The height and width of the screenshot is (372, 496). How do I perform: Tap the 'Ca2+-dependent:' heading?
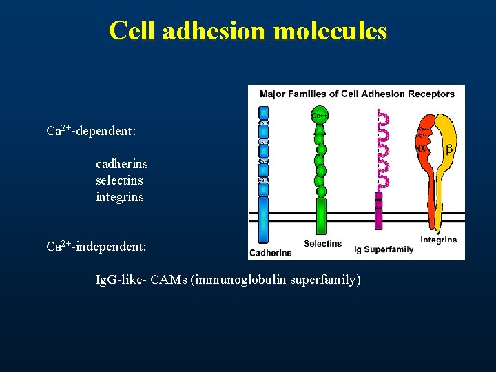pos(90,130)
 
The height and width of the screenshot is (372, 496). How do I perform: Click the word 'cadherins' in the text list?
pos(121,164)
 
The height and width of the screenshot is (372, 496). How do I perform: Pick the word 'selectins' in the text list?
pos(120,180)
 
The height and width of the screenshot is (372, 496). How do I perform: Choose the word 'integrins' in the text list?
pos(120,197)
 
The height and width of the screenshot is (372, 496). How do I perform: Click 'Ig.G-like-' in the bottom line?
pos(121,280)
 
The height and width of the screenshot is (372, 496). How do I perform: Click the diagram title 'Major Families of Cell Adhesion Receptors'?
pos(356,94)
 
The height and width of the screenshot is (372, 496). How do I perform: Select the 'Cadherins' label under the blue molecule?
pos(270,253)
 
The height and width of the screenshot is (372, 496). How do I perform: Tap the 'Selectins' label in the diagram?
pos(322,244)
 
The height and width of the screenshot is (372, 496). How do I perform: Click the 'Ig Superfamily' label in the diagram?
pos(383,249)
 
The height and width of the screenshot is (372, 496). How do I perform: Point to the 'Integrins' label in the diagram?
pos(438,240)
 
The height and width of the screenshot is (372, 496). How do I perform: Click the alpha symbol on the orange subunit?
pos(421,148)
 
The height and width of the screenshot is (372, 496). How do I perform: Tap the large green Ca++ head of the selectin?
pos(320,114)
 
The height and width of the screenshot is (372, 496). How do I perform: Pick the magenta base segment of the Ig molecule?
pos(378,210)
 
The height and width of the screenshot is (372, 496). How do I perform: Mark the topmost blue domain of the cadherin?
pos(262,113)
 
